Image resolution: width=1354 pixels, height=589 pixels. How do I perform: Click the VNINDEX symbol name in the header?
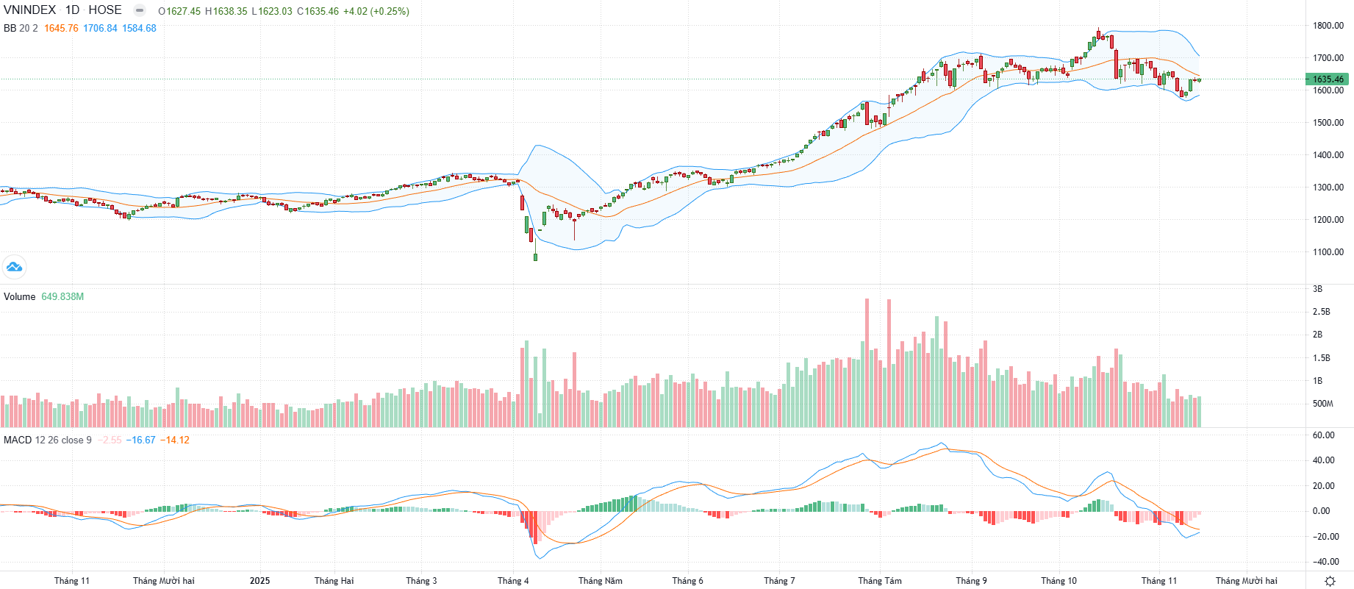pos(29,10)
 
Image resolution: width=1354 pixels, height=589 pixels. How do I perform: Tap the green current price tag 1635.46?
pos(1328,79)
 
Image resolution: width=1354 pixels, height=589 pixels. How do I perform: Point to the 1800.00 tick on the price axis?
pos(1328,26)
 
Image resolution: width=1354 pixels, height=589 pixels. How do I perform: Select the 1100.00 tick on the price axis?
pos(1328,252)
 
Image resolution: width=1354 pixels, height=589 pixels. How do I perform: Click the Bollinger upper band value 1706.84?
pos(100,29)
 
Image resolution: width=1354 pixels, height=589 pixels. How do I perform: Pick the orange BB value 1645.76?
pos(61,29)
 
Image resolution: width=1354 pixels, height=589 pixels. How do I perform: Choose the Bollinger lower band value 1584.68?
pos(139,29)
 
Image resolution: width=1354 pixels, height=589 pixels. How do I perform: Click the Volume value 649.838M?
pos(62,297)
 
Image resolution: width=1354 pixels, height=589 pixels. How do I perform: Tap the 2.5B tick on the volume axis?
pos(1322,312)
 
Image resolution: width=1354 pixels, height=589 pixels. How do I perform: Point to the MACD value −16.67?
pos(140,440)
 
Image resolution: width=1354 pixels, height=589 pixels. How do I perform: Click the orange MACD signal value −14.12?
pos(175,440)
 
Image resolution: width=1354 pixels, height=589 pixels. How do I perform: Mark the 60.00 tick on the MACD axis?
pos(1323,435)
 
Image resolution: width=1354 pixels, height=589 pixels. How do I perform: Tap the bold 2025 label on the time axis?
pos(259,581)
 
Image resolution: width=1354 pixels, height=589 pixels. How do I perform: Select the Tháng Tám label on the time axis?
pos(880,581)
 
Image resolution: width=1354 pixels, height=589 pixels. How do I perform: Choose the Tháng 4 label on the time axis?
pos(513,581)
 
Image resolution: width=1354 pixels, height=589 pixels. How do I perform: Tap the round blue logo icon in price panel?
pos(14,267)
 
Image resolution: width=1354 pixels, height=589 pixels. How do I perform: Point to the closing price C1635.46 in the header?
pos(318,12)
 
